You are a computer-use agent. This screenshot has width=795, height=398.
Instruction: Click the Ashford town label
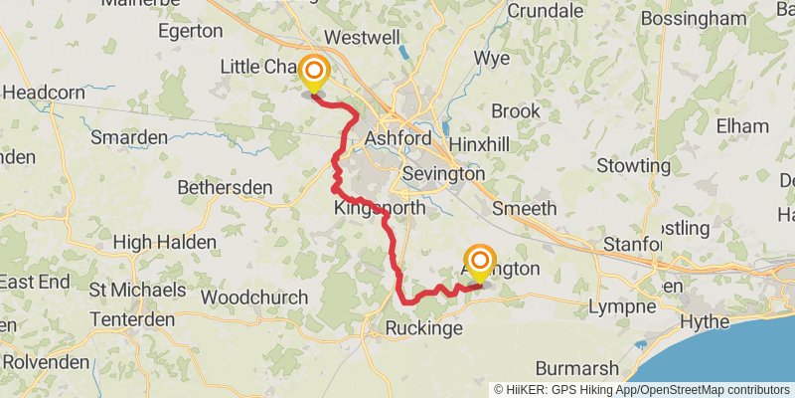click(x=398, y=138)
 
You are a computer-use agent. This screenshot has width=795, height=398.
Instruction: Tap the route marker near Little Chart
click(x=315, y=72)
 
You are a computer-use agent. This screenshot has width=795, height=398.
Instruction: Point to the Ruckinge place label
click(x=425, y=327)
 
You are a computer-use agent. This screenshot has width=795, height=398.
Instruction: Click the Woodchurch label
click(x=253, y=298)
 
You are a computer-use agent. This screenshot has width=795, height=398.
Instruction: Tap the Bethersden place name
click(x=225, y=187)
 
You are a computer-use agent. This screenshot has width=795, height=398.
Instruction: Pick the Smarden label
click(x=128, y=137)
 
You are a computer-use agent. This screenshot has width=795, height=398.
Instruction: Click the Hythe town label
click(x=708, y=321)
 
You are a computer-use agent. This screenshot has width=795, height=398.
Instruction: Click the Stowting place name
click(x=634, y=165)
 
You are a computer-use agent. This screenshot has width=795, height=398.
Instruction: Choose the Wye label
click(x=491, y=57)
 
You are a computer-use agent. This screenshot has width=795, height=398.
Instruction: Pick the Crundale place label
click(x=545, y=11)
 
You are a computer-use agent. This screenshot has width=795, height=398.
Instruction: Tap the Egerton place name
click(x=189, y=31)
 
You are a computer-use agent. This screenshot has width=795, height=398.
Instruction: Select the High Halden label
click(x=165, y=242)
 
